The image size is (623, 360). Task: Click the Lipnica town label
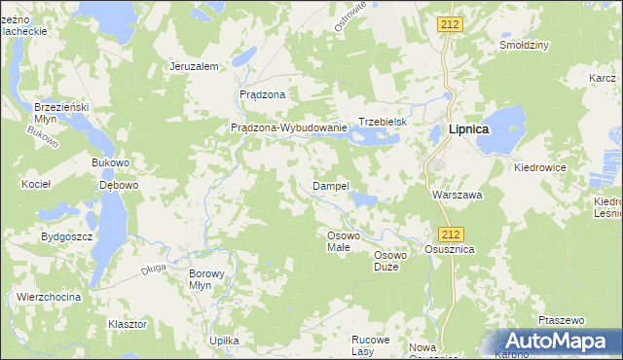(x=468, y=128)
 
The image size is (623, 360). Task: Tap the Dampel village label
(x=330, y=185)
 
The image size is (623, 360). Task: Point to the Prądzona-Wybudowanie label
(x=288, y=127)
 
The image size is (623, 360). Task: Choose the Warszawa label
(x=458, y=194)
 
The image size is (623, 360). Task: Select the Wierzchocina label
(x=48, y=297)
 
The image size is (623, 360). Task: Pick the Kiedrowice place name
(x=540, y=167)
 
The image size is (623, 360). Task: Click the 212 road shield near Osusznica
(x=450, y=234)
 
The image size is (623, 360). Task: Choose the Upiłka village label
(x=225, y=341)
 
